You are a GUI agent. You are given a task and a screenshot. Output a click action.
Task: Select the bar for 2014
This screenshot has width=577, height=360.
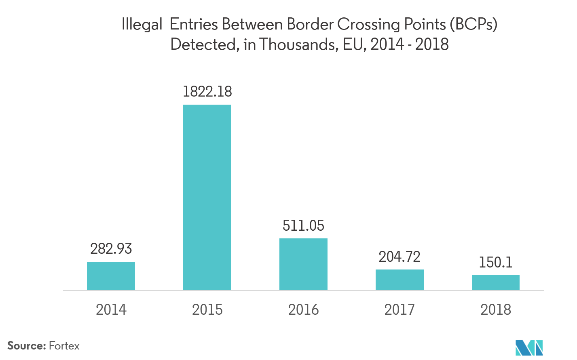tap(111, 276)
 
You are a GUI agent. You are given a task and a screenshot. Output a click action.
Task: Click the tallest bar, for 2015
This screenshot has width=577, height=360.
tap(207, 197)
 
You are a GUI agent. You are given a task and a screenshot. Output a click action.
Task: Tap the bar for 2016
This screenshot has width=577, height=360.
tap(303, 264)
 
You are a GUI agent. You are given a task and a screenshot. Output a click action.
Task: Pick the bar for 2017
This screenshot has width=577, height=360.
tap(399, 280)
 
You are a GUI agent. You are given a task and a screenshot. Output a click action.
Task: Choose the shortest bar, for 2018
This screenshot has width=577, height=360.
tap(496, 282)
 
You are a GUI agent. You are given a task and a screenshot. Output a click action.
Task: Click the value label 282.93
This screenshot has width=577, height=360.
tap(111, 249)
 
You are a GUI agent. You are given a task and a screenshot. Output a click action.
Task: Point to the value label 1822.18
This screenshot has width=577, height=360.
tap(207, 92)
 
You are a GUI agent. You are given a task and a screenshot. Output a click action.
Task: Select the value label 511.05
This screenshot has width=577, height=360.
tap(303, 225)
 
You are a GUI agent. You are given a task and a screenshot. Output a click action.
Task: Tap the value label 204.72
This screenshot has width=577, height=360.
tap(399, 257)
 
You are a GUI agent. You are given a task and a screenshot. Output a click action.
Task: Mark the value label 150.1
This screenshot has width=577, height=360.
tap(496, 263)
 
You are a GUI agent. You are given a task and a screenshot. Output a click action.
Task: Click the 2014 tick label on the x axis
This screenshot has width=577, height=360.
tap(111, 310)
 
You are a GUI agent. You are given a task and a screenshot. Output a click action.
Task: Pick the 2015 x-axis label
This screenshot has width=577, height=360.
tap(207, 310)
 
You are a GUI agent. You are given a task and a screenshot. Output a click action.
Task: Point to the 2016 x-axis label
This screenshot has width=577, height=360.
tap(303, 310)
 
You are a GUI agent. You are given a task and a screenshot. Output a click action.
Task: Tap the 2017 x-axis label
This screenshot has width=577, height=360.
tap(399, 310)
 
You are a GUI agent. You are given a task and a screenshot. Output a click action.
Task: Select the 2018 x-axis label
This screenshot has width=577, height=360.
tap(496, 310)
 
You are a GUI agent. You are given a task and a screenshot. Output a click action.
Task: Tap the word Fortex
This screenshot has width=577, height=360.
tap(64, 346)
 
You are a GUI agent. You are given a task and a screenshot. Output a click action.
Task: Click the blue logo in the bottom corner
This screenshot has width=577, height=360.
tap(529, 347)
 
